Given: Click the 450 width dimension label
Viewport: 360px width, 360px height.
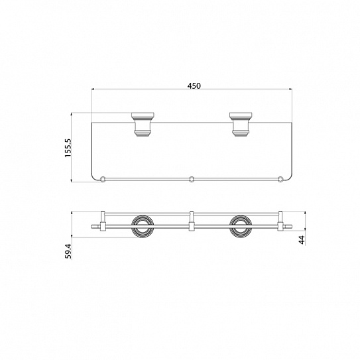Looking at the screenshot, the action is (x=194, y=86).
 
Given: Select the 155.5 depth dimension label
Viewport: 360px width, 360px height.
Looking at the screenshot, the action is (x=68, y=148).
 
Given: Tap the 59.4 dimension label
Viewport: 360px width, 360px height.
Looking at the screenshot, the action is (x=68, y=251).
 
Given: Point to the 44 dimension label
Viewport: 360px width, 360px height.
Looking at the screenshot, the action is (x=302, y=240).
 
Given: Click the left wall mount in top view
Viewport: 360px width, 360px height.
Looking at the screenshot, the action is (x=143, y=124).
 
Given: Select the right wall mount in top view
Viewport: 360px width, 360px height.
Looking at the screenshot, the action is (x=241, y=124).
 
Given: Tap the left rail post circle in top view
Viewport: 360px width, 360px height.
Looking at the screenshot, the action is (x=103, y=178).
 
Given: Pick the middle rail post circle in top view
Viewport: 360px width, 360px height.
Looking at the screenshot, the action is (x=192, y=178).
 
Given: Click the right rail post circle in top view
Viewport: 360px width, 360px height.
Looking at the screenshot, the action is (x=280, y=178).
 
